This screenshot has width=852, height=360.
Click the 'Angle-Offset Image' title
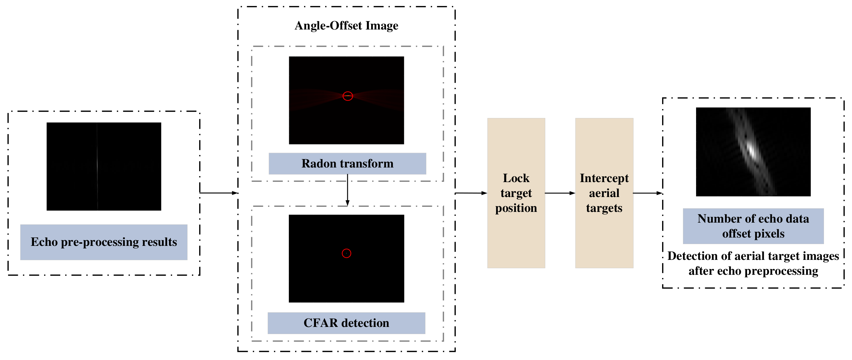(346, 25)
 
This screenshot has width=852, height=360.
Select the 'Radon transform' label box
(347, 164)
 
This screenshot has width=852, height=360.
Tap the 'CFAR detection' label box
(346, 323)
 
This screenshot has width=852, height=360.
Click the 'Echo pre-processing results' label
(103, 242)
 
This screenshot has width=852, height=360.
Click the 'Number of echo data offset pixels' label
(753, 226)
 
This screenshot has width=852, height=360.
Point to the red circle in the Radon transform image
(348, 96)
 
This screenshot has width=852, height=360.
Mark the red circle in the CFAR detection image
(346, 253)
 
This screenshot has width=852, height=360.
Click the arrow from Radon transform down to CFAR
(347, 190)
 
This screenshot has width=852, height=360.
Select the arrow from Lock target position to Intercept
(560, 193)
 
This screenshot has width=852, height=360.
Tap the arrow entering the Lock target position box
(471, 193)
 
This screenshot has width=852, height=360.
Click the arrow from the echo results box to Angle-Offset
(219, 193)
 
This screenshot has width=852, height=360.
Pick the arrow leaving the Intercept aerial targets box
(647, 193)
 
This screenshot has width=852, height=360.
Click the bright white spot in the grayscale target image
(752, 150)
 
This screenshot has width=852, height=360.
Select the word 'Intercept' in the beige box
(604, 178)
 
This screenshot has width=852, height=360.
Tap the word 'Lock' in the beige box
(516, 178)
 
